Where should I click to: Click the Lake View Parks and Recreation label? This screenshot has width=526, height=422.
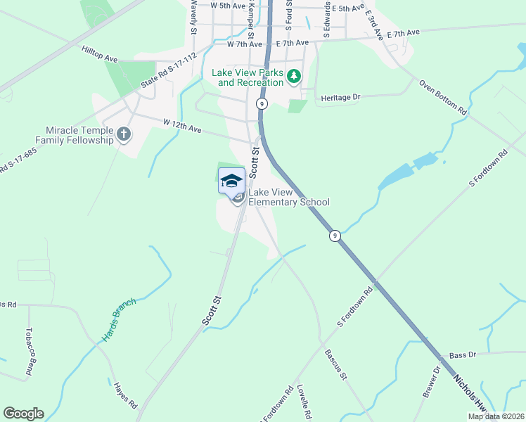(x=250, y=77)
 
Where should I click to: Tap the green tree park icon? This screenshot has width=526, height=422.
(x=293, y=76)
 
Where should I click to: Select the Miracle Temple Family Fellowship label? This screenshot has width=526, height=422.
(x=79, y=135)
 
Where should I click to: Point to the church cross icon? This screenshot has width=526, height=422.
(x=124, y=134)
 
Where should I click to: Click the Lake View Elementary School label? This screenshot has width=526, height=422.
(x=289, y=198)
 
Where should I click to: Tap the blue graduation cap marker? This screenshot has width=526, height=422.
(x=231, y=181)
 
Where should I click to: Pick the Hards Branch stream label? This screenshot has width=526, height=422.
(x=119, y=319)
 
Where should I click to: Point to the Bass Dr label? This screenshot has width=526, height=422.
(x=463, y=356)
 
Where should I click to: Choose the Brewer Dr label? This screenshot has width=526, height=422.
(x=431, y=382)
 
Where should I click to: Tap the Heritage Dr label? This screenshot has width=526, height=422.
(x=340, y=97)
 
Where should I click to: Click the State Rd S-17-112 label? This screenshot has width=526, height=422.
(x=168, y=72)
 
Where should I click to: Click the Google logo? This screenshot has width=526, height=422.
(x=23, y=414)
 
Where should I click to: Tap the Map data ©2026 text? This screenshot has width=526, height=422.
(x=495, y=416)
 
